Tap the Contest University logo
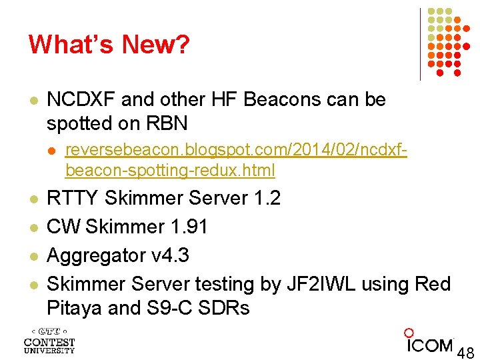point(49,340)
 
